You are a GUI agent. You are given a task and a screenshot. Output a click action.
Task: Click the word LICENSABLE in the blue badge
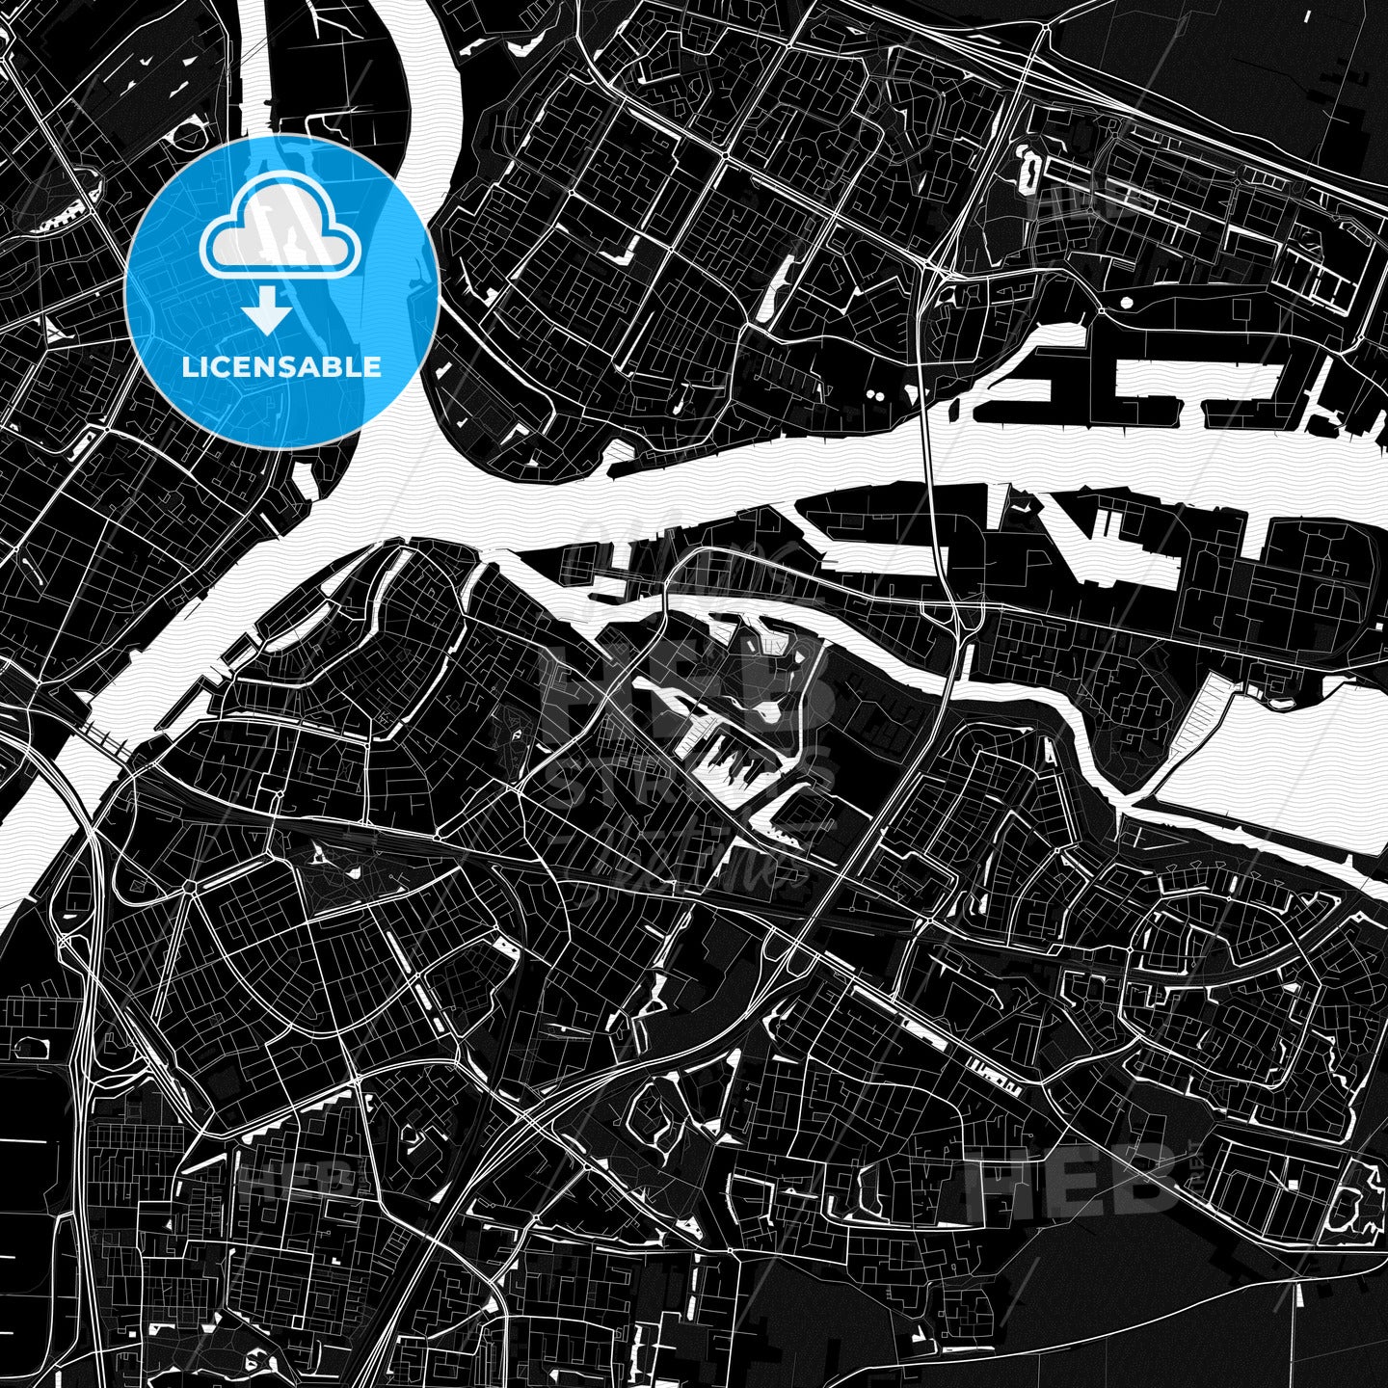tap(281, 367)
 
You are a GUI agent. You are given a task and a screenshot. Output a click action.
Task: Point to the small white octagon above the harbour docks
tap(1126, 303)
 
